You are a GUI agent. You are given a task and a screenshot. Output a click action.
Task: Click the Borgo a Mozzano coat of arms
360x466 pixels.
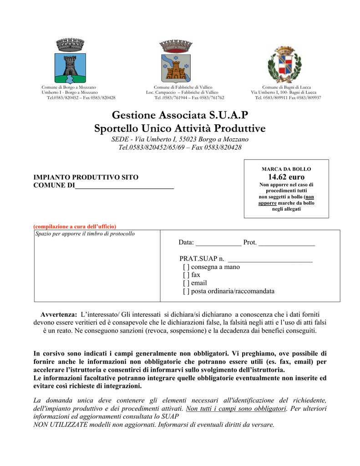[70, 61]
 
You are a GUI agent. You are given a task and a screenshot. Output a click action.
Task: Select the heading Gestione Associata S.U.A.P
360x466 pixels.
[180, 115]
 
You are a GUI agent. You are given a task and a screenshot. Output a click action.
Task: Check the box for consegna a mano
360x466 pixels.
[186, 267]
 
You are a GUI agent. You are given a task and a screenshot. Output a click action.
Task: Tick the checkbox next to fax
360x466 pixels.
[186, 275]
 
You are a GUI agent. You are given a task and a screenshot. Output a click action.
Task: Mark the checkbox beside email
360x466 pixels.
[186, 283]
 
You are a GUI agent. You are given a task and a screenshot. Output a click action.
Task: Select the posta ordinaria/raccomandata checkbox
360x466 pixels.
[186, 291]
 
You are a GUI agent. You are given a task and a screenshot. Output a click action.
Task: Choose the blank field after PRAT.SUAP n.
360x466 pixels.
[269, 259]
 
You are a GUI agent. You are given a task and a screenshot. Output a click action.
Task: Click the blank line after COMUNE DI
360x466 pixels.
[124, 186]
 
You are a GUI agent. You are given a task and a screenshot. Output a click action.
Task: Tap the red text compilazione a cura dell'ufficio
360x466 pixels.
[75, 226]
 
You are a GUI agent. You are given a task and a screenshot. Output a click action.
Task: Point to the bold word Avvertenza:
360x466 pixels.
[59, 314]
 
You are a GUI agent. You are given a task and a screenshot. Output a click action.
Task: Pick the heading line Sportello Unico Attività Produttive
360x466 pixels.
[180, 129]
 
